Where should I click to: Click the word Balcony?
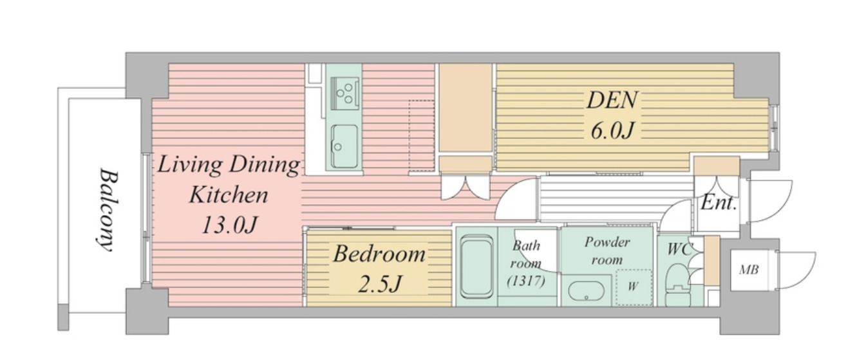(107, 210)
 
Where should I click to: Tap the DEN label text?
(612, 100)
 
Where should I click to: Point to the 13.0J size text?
(229, 225)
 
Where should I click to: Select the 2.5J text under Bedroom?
(381, 283)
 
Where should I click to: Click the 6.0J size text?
(612, 131)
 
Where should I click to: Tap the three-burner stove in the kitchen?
(344, 93)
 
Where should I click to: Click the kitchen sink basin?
(344, 146)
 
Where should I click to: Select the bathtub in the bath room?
(477, 267)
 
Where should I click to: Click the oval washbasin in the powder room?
(586, 291)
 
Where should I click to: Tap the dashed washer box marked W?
(634, 287)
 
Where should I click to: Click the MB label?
(749, 269)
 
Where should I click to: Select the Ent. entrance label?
(719, 203)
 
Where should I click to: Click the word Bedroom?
(379, 254)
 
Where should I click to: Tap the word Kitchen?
(229, 194)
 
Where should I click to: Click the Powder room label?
(607, 251)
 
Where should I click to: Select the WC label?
(679, 249)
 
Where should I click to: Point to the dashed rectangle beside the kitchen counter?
(421, 136)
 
